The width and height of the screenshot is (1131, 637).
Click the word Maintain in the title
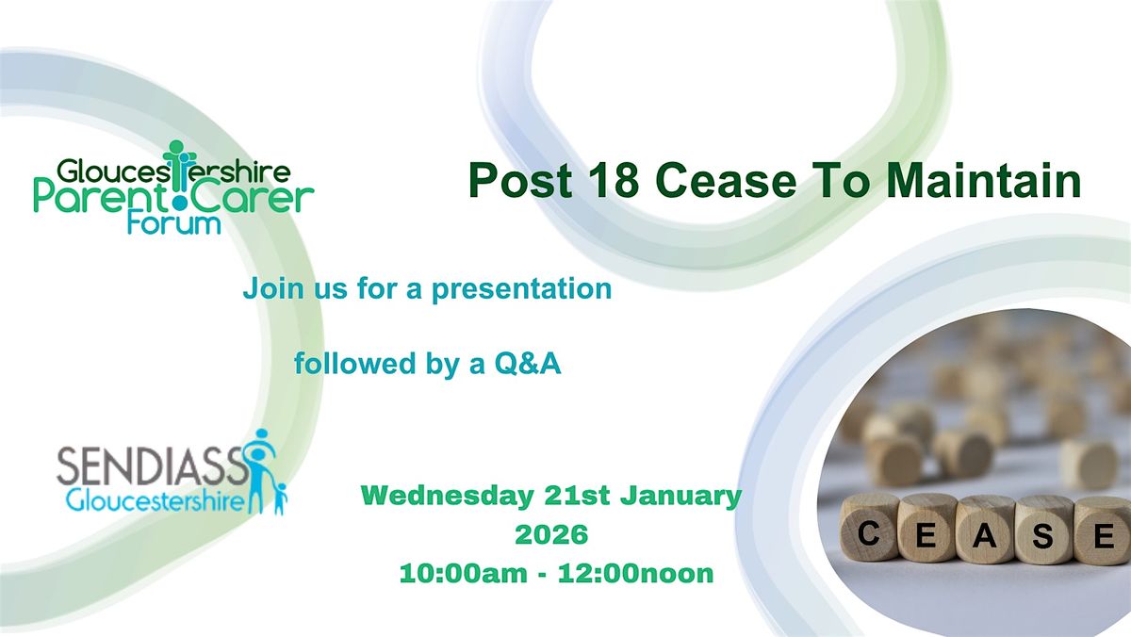(984, 180)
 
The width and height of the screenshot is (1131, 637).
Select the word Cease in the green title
(726, 181)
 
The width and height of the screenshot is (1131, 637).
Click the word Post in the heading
(520, 180)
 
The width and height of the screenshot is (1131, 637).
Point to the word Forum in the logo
(174, 223)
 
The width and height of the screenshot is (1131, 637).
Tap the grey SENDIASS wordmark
(152, 467)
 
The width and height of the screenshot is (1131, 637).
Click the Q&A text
(528, 364)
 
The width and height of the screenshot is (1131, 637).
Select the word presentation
(521, 289)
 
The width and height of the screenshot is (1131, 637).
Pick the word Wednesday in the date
(448, 497)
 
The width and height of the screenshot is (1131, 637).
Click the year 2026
(551, 534)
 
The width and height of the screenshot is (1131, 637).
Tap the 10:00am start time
(463, 574)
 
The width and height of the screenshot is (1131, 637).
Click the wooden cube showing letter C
(868, 527)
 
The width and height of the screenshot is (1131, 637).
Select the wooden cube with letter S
(1043, 530)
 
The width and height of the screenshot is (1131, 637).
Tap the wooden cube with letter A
(985, 530)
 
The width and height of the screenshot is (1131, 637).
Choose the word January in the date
(680, 497)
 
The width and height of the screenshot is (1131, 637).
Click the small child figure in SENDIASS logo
(280, 498)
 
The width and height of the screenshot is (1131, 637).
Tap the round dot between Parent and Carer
(179, 204)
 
